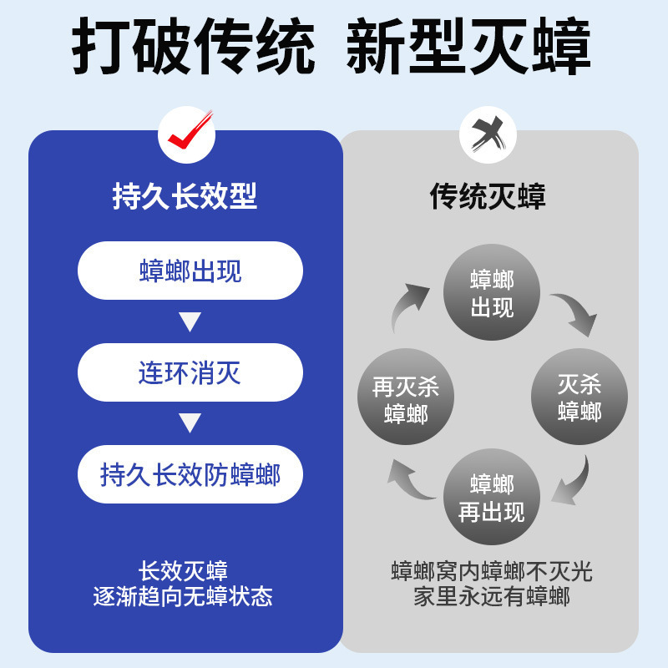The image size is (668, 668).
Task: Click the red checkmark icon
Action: (186, 136)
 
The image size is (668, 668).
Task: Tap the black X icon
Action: (488, 136)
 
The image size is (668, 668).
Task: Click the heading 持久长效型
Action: (185, 196)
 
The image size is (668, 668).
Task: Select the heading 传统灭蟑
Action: (488, 196)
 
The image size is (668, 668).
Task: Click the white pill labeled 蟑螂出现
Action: (190, 271)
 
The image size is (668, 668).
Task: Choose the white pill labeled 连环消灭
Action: (190, 372)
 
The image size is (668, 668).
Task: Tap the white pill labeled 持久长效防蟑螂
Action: (190, 474)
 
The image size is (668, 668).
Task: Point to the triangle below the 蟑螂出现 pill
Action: (190, 321)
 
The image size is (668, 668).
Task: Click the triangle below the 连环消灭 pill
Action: (190, 423)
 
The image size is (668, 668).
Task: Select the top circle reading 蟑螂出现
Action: (492, 292)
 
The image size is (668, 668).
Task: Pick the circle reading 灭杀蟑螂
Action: (579, 397)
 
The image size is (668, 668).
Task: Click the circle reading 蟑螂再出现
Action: (492, 497)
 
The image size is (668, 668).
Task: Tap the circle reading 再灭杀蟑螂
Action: (406, 397)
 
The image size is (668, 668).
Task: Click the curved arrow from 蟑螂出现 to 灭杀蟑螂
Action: (574, 313)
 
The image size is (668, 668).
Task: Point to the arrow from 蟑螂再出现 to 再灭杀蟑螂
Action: (409, 483)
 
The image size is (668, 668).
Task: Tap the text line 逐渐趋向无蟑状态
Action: (183, 596)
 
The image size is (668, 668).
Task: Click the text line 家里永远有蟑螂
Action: (492, 596)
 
